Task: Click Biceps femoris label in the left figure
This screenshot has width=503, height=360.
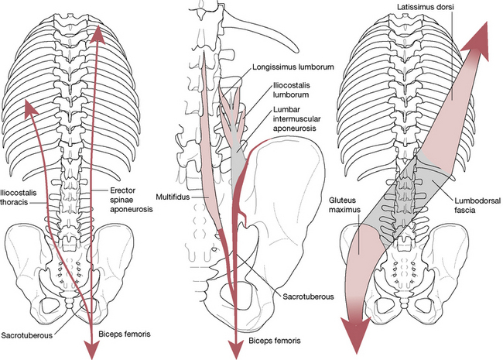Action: click(x=125, y=334)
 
